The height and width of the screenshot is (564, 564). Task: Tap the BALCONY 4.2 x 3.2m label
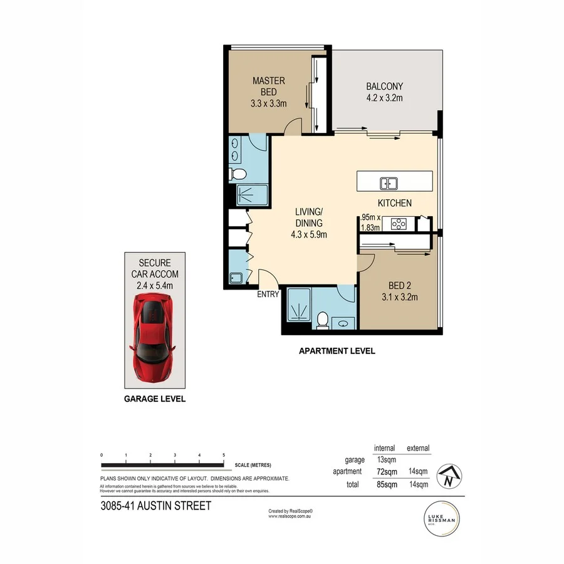coord(384,92)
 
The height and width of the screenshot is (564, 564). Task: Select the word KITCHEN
coord(394,203)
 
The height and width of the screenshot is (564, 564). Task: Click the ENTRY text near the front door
coord(268,295)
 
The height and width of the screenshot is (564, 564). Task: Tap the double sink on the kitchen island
coord(389,183)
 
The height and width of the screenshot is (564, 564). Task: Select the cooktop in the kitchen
coord(399,222)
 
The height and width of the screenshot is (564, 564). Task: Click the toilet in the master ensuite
coord(238,174)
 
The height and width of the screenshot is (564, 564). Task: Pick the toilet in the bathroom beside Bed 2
coord(323,320)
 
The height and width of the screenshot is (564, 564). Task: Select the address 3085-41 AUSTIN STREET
coord(155,505)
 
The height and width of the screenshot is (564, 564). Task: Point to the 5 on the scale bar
coord(224,455)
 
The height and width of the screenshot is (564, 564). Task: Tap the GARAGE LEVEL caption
coord(154,399)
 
